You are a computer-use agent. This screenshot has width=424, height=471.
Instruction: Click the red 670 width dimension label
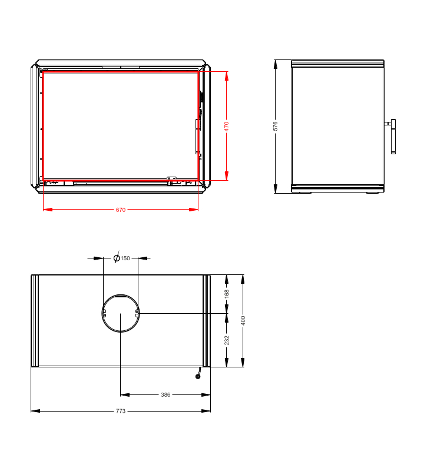pyautogui.click(x=121, y=210)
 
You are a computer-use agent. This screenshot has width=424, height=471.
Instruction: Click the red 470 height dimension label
pyautogui.click(x=227, y=127)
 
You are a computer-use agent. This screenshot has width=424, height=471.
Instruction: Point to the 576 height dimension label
pyautogui.click(x=275, y=126)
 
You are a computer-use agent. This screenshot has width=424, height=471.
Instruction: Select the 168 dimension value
pyautogui.click(x=227, y=294)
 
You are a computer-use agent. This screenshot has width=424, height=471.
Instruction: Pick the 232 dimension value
pyautogui.click(x=227, y=340)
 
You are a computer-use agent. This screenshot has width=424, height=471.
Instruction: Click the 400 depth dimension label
pyautogui.click(x=243, y=320)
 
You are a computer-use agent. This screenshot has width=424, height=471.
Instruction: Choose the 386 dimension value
pyautogui.click(x=165, y=394)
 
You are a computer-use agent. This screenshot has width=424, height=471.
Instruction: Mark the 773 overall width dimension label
pyautogui.click(x=121, y=411)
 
